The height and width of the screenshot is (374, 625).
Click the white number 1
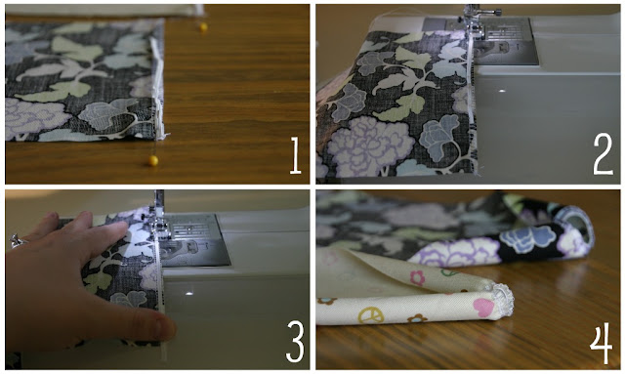click(295, 155)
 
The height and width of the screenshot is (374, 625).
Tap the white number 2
click(603, 154)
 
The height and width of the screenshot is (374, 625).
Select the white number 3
click(295, 342)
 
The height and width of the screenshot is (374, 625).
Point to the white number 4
click(602, 343)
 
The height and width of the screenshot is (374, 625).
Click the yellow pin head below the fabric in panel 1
click(153, 161)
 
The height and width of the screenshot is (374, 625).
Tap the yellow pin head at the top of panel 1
click(204, 27)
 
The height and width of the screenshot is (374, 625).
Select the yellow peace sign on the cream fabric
click(371, 315)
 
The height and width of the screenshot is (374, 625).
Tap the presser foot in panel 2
click(475, 26)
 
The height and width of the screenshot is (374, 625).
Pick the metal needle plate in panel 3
click(195, 240)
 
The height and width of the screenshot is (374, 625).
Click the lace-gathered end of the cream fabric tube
click(502, 300)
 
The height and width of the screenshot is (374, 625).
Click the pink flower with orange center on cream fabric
click(417, 278)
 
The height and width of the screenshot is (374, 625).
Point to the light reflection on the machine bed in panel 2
click(502, 91)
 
